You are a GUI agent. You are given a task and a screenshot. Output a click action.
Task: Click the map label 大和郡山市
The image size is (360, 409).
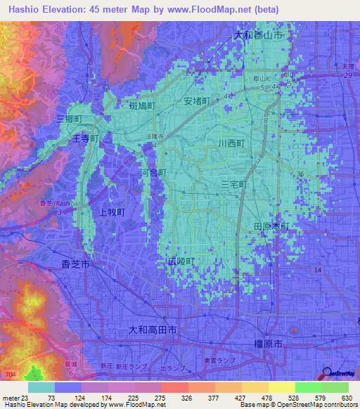258,34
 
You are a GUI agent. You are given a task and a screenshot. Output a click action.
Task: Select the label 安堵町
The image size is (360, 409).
198,101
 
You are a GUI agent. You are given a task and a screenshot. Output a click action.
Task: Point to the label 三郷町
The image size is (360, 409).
70,120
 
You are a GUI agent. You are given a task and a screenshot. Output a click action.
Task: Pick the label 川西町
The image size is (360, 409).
231,143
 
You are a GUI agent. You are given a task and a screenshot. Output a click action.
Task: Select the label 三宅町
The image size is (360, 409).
235,184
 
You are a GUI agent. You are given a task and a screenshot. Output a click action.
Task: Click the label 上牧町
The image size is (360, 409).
112,212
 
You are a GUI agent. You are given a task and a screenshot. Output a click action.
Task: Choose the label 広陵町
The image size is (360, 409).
181,261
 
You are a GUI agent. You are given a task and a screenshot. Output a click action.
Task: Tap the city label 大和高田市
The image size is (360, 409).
156,330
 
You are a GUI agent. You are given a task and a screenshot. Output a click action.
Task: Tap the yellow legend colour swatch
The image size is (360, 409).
281,387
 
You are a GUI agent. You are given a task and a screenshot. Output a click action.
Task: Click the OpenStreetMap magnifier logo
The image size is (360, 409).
327,374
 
